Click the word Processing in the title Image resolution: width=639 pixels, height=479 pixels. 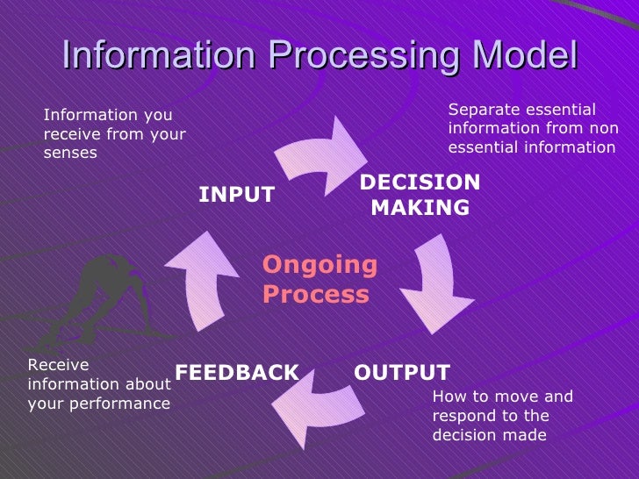pyautogui.click(x=361, y=57)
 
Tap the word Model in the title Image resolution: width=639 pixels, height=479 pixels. pyautogui.click(x=524, y=55)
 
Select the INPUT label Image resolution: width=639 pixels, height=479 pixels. pyautogui.click(x=237, y=195)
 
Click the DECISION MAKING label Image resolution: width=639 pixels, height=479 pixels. pyautogui.click(x=420, y=195)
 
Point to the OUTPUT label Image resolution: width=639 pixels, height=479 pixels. pyautogui.click(x=402, y=372)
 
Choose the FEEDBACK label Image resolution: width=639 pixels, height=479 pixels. pyautogui.click(x=237, y=372)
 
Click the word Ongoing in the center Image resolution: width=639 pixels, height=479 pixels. pyautogui.click(x=319, y=265)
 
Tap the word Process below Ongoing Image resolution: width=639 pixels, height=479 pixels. pyautogui.click(x=315, y=294)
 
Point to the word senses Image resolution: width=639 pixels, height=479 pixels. pyautogui.click(x=70, y=154)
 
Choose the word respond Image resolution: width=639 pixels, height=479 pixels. pyautogui.click(x=464, y=416)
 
